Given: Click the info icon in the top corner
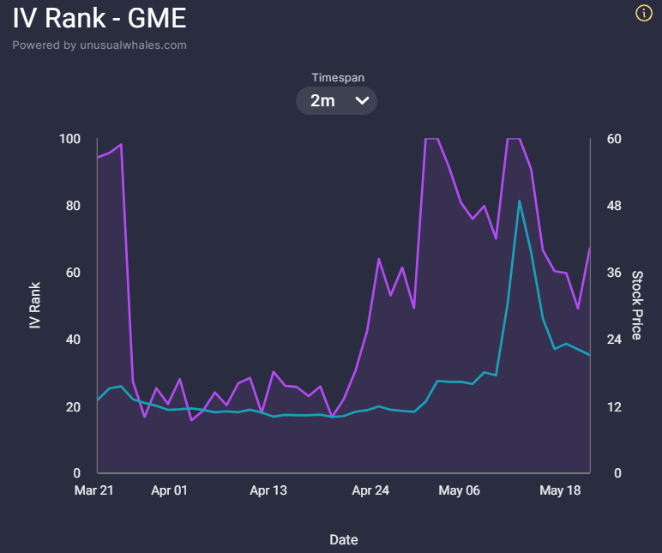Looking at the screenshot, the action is point(644,13).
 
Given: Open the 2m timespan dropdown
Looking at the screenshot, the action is point(336,100).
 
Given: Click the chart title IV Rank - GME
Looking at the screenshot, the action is point(99,18).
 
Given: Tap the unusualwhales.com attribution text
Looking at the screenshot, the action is point(99,45).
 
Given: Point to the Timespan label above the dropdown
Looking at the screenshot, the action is point(338,78).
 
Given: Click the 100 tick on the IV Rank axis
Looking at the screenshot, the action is point(69,139).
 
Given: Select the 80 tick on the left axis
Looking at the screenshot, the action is point(73,206).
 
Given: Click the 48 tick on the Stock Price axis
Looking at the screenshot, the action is point(614,206).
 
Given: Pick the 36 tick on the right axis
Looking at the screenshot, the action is point(614,273).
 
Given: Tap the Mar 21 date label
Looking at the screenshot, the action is point(93,490).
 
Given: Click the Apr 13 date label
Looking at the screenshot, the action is point(268,490).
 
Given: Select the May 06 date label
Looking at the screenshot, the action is point(459,490).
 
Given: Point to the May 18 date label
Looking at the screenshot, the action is point(560,490).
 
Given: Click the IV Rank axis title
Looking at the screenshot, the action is point(34,305).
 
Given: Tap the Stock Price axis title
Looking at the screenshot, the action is point(637,305).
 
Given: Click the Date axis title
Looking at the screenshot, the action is point(344,540).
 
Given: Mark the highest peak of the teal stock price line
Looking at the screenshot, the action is point(520,201).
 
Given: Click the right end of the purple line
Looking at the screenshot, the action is point(589,249).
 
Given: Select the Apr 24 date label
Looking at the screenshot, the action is point(370,490).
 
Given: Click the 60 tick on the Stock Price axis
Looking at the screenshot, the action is point(614,139).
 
